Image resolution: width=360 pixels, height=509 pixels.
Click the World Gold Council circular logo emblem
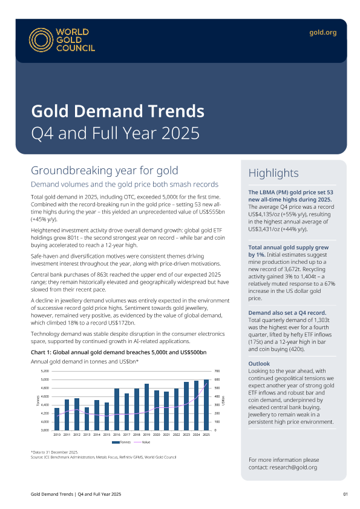coord(41,40)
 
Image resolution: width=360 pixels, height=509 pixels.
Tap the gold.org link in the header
coord(322,33)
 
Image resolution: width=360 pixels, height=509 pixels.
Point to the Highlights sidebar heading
coord(273,173)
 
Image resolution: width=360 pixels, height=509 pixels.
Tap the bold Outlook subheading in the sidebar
coord(259,364)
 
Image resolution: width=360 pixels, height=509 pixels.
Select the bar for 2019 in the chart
coord(146,407)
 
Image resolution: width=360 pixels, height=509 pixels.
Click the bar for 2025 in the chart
coord(206,405)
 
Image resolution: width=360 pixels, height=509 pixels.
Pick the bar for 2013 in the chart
coord(87,419)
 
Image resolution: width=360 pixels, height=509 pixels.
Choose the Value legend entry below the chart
coord(142,442)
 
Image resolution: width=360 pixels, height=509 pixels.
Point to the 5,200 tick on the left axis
coord(45,371)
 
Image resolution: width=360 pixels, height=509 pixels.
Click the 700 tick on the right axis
coord(217,371)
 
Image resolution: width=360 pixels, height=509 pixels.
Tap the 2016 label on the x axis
coord(117,435)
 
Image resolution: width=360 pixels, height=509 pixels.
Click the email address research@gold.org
coord(293,467)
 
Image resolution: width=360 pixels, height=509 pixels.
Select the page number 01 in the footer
coord(345,494)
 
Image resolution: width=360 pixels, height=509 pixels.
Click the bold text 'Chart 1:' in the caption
coord(41,352)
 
